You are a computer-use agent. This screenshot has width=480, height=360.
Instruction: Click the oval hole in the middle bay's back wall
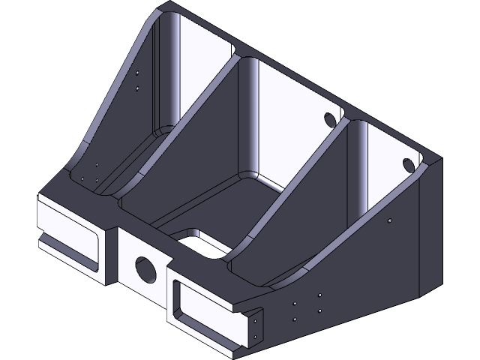pyautogui.click(x=330, y=118)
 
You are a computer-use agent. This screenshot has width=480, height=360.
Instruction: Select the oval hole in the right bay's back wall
pyautogui.click(x=409, y=163)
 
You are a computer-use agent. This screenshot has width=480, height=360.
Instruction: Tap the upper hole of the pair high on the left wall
pyautogui.click(x=136, y=73)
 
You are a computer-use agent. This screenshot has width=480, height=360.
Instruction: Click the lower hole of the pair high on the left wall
pyautogui.click(x=136, y=88)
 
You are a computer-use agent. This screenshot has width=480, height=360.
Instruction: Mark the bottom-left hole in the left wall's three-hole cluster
pyautogui.click(x=82, y=178)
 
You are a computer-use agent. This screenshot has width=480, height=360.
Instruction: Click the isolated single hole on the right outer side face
pyautogui.click(x=389, y=220)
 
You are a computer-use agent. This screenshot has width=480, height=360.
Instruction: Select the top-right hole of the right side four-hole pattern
pyautogui.click(x=320, y=295)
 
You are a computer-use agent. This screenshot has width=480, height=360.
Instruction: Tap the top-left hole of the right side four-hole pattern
pyautogui.click(x=295, y=304)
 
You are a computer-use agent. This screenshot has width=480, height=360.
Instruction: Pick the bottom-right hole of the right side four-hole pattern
pyautogui.click(x=320, y=310)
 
